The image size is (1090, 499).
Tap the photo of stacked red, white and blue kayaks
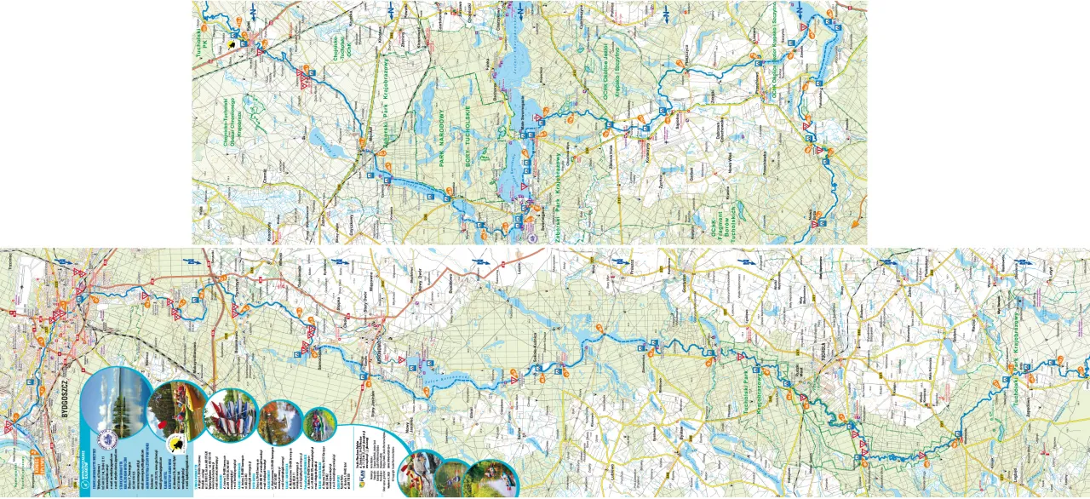click(230, 416)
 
